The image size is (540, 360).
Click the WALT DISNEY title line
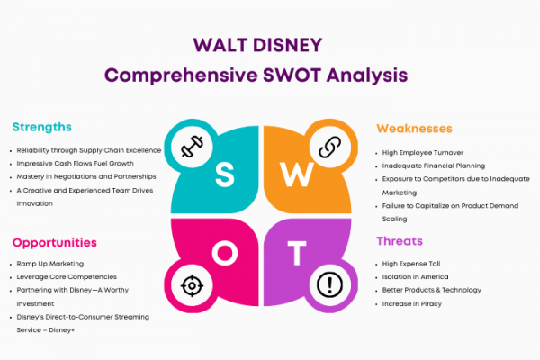click(257, 45)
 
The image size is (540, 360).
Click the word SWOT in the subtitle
click(292, 75)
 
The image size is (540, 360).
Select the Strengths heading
click(42, 127)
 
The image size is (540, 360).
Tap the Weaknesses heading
click(414, 129)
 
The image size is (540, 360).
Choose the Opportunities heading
click(55, 243)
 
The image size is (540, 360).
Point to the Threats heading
click(400, 241)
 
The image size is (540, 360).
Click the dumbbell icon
click(193, 147)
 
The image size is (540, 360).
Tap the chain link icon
click(330, 147)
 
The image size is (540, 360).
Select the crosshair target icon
click(193, 285)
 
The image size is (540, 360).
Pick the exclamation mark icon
click(330, 285)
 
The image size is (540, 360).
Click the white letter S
click(224, 175)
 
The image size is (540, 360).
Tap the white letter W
click(297, 175)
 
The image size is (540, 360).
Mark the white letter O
click(225, 253)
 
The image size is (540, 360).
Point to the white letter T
click(297, 253)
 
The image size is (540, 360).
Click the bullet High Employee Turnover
click(423, 153)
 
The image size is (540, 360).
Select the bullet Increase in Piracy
click(412, 304)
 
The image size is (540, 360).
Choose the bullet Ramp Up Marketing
click(50, 264)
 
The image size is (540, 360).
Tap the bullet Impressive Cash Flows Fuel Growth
click(75, 163)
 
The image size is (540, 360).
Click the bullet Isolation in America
click(415, 276)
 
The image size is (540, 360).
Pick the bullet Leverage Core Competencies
click(67, 277)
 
